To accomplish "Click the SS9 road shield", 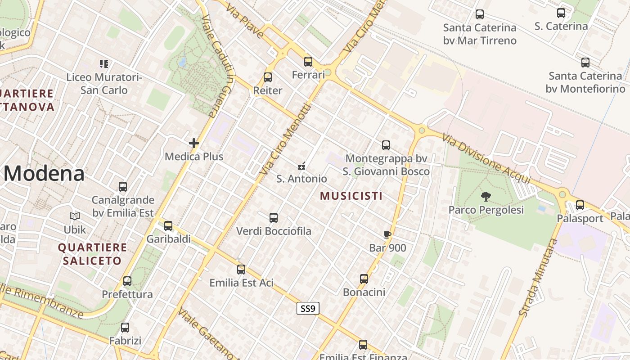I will pyautogui.click(x=308, y=308).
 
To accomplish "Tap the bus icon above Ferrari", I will pyautogui.click(x=308, y=62).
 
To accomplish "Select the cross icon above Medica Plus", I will pyautogui.click(x=194, y=144).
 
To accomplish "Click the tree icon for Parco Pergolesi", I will pyautogui.click(x=486, y=196).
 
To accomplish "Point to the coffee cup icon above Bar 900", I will pyautogui.click(x=387, y=234).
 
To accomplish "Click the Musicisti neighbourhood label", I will pyautogui.click(x=351, y=196).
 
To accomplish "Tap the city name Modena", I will pyautogui.click(x=44, y=174).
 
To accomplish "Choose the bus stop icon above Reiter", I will pyautogui.click(x=268, y=77).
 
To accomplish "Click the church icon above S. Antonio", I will pyautogui.click(x=301, y=166).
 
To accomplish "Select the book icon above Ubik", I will pyautogui.click(x=75, y=216).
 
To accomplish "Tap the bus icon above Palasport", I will pyautogui.click(x=580, y=205).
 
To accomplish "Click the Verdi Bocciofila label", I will pyautogui.click(x=274, y=231).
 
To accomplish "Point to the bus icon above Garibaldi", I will pyautogui.click(x=168, y=226).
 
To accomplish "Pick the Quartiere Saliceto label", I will pyautogui.click(x=92, y=254).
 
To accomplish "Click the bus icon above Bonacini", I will pyautogui.click(x=364, y=279).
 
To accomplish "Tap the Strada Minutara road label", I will pyautogui.click(x=538, y=277).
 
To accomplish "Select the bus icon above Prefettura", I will pyautogui.click(x=127, y=281).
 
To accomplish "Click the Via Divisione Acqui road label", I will pyautogui.click(x=487, y=158).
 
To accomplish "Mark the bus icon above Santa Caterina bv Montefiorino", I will pyautogui.click(x=585, y=63).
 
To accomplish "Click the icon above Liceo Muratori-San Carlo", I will pyautogui.click(x=104, y=64).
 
